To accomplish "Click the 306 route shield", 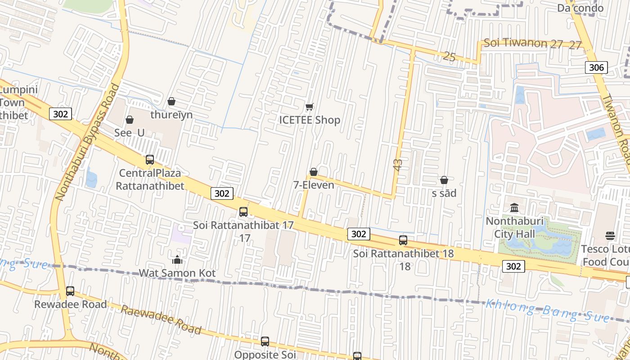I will point(596,67).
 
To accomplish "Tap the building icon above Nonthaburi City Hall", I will point(514,208).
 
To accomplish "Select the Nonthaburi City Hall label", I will point(514,228).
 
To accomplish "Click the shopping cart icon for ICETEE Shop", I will point(309,107).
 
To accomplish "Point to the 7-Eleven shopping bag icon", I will point(314,172).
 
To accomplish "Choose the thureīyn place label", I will point(171,115).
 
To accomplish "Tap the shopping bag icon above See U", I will point(130,120).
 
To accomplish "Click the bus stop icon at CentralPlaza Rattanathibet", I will point(150,160).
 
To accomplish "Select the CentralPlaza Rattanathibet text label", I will point(150,179).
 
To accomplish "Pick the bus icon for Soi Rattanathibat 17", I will point(243,211).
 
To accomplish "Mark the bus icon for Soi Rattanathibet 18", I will point(403,240).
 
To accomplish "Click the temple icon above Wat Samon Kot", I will point(177,260).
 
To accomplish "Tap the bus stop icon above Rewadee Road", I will point(70,291).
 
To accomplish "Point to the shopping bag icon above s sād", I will point(444,180).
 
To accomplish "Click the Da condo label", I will point(580,8).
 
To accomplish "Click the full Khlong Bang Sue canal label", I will point(547,310).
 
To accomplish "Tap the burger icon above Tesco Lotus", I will point(610,235).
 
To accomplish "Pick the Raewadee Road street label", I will point(160,319).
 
